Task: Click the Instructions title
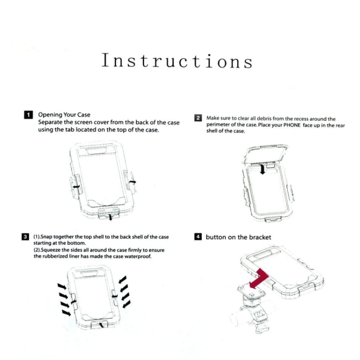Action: [x=177, y=60]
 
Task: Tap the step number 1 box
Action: [x=28, y=115]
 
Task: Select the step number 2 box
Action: [x=198, y=118]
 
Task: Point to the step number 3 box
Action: [x=25, y=237]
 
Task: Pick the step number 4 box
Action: [x=198, y=237]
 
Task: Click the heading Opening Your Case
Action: [x=64, y=115]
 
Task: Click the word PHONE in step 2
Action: [x=292, y=125]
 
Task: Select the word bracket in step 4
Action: [x=260, y=237]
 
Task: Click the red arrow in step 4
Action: [x=259, y=279]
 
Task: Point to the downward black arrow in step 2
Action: [x=263, y=169]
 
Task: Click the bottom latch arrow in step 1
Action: [x=111, y=217]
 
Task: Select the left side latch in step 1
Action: [x=75, y=186]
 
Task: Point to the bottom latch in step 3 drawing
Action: [x=100, y=324]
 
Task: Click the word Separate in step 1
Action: [x=50, y=122]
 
